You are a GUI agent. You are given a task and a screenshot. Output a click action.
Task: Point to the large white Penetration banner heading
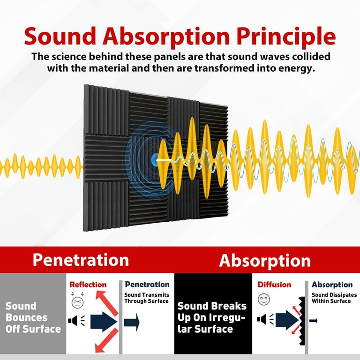(80, 260)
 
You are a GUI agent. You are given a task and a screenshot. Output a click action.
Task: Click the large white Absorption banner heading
(265, 261)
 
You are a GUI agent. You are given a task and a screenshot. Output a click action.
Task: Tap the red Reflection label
(88, 285)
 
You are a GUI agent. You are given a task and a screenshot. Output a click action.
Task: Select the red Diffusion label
(274, 285)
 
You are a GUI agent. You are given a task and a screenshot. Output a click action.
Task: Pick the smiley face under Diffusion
(264, 299)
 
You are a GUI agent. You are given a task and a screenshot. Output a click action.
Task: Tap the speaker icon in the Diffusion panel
(263, 320)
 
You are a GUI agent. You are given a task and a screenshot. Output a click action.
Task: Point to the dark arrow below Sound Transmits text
(132, 322)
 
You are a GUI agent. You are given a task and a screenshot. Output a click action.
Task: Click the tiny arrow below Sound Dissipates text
(314, 321)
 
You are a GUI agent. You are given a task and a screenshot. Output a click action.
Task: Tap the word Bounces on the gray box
(26, 317)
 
